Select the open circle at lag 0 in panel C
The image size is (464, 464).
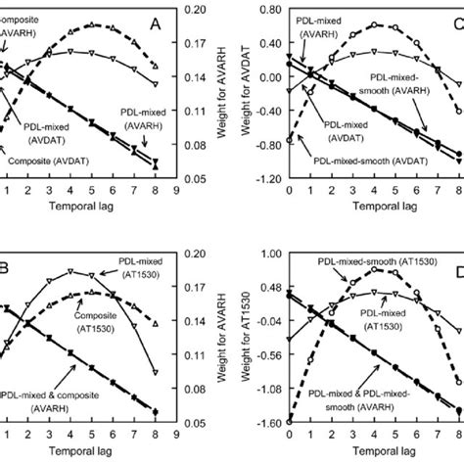tap(289, 141)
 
